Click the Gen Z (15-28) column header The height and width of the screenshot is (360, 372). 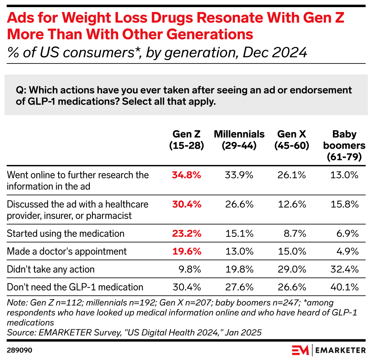pos(187,140)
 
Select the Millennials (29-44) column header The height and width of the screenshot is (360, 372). pos(239,140)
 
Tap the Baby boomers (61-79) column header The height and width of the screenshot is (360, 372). pos(344,146)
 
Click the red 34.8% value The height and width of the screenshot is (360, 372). pos(187,175)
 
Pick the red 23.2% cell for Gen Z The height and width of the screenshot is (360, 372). pos(187,233)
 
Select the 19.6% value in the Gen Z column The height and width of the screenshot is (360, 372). pos(187,251)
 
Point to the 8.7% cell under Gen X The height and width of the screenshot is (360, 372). pos(296,233)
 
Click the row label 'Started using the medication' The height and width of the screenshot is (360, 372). pos(66,233)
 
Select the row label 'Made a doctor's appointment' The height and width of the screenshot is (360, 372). pos(67,251)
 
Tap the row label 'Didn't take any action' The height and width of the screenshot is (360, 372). pos(51,269)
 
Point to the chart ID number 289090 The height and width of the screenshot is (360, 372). pos(19,350)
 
